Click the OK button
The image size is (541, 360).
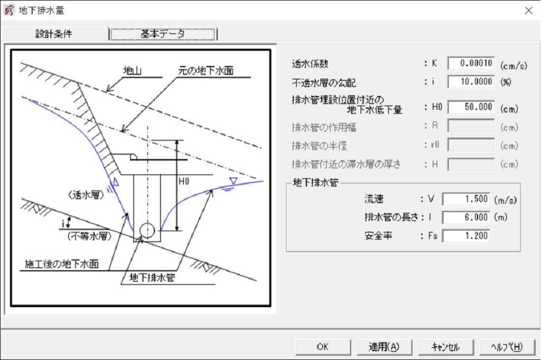click(x=323, y=347)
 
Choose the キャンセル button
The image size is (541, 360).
click(x=445, y=347)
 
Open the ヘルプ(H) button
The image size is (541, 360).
click(x=507, y=347)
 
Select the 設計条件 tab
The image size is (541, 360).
click(x=54, y=34)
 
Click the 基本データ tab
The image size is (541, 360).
click(x=163, y=34)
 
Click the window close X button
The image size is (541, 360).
click(x=528, y=11)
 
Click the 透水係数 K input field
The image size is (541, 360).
click(x=471, y=63)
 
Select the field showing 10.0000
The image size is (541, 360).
click(x=471, y=82)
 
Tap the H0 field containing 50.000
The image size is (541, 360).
click(x=471, y=107)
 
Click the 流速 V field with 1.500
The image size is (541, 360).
click(x=466, y=199)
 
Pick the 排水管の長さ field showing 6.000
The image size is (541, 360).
click(x=466, y=217)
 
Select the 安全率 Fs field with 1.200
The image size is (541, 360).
click(x=466, y=236)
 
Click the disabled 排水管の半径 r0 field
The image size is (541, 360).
click(x=471, y=145)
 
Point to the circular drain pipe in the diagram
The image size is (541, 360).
click(x=147, y=230)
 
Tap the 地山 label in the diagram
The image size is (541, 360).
click(x=133, y=71)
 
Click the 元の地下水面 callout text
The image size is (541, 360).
click(x=206, y=71)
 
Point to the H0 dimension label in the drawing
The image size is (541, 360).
click(x=184, y=182)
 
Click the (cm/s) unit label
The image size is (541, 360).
click(x=514, y=65)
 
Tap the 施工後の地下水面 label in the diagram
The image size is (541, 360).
click(x=62, y=264)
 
